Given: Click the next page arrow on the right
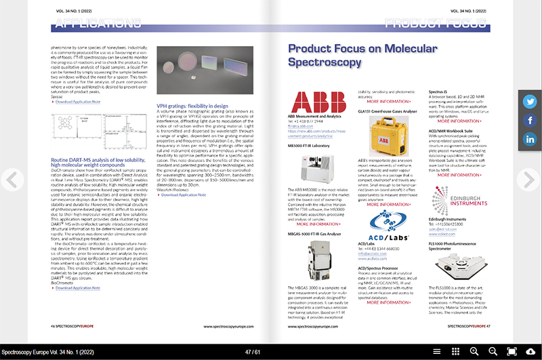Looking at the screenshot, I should coord(528,179).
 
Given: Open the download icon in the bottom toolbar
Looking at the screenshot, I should coord(530,351).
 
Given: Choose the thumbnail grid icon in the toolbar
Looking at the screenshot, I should coord(456,351).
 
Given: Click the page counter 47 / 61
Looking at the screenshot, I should coord(271,351).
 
